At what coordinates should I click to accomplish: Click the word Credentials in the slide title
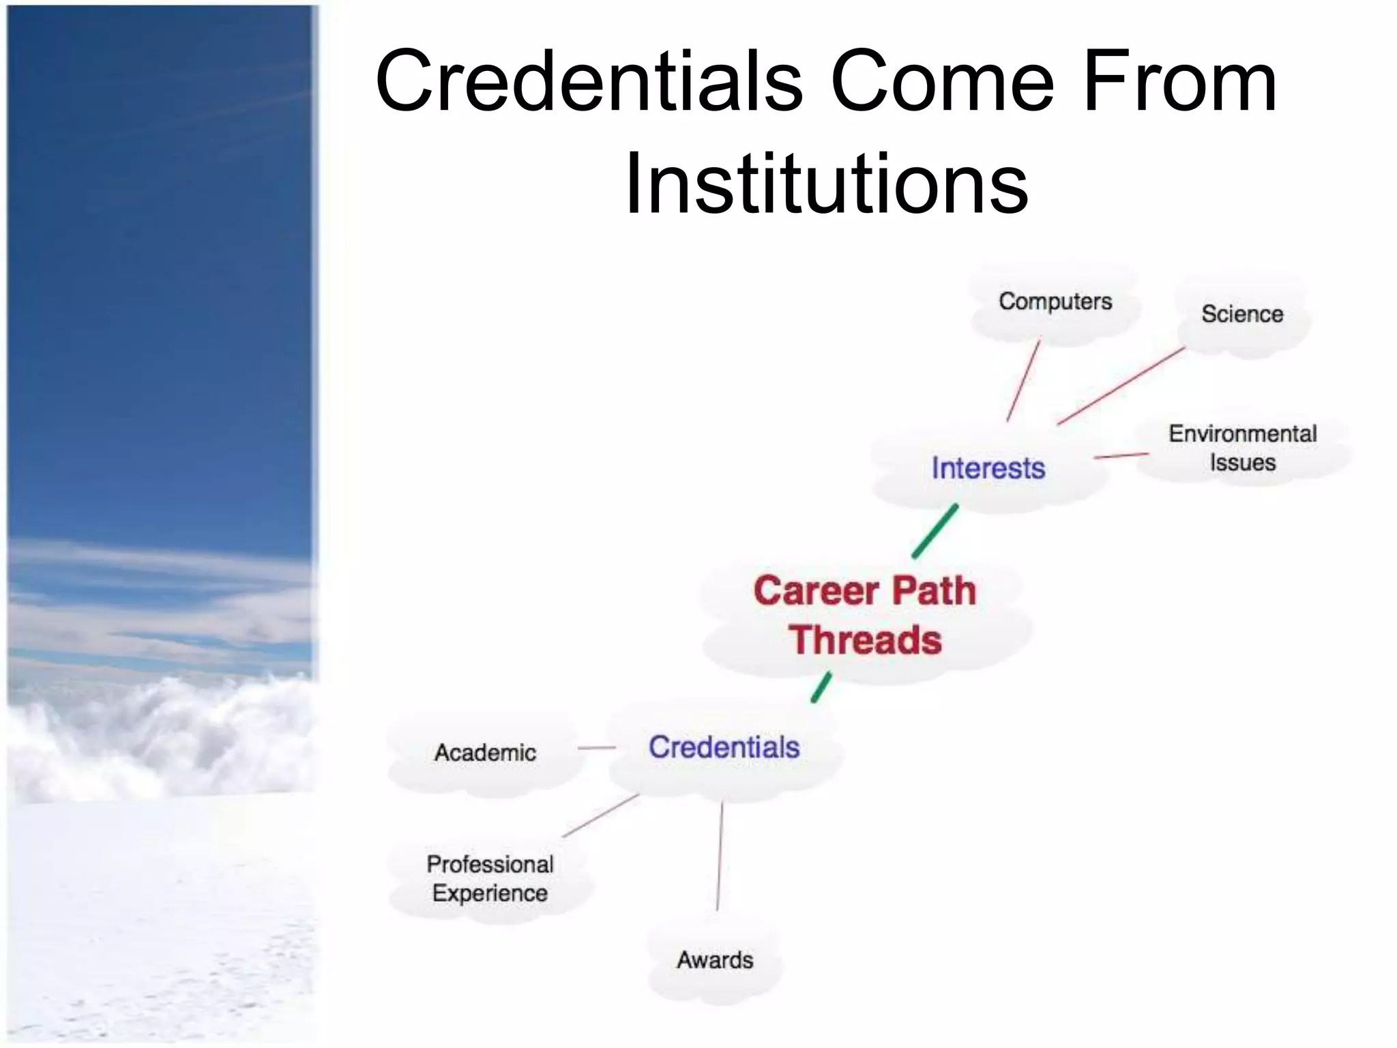[x=589, y=82]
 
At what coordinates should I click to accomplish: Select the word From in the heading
[x=1179, y=82]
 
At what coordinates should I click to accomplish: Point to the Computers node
[x=1055, y=302]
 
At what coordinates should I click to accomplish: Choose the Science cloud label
[x=1241, y=314]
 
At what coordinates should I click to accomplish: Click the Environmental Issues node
[x=1242, y=448]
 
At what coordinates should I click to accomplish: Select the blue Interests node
[x=988, y=469]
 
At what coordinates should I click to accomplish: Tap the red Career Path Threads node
[x=865, y=615]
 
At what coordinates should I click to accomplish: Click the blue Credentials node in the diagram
[x=724, y=747]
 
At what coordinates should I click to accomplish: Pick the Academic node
[x=485, y=753]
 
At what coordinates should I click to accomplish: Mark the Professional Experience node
[x=490, y=878]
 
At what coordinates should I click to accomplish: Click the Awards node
[x=715, y=960]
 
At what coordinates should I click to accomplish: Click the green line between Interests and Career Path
[x=935, y=532]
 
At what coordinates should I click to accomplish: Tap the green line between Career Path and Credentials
[x=821, y=687]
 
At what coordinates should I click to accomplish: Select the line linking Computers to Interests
[x=1023, y=380]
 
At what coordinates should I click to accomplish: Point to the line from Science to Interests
[x=1121, y=386]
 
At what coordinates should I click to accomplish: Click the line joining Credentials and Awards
[x=720, y=856]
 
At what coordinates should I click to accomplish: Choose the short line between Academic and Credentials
[x=596, y=748]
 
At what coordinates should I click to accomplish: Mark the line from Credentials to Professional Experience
[x=601, y=815]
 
